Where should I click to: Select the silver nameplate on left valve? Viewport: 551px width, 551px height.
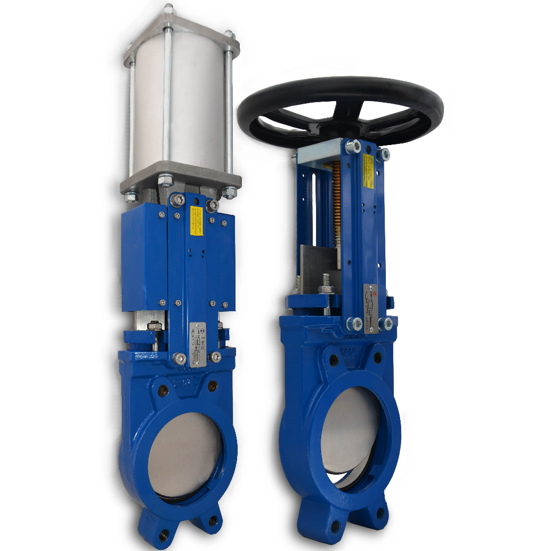pyautogui.click(x=197, y=344)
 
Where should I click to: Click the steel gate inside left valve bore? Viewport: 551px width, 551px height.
pyautogui.click(x=185, y=455)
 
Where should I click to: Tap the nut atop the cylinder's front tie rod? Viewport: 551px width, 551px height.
pyautogui.click(x=168, y=9)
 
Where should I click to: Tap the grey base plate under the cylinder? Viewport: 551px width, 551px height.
pyautogui.click(x=180, y=183)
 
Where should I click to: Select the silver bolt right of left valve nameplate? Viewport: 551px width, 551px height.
pyautogui.click(x=215, y=356)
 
